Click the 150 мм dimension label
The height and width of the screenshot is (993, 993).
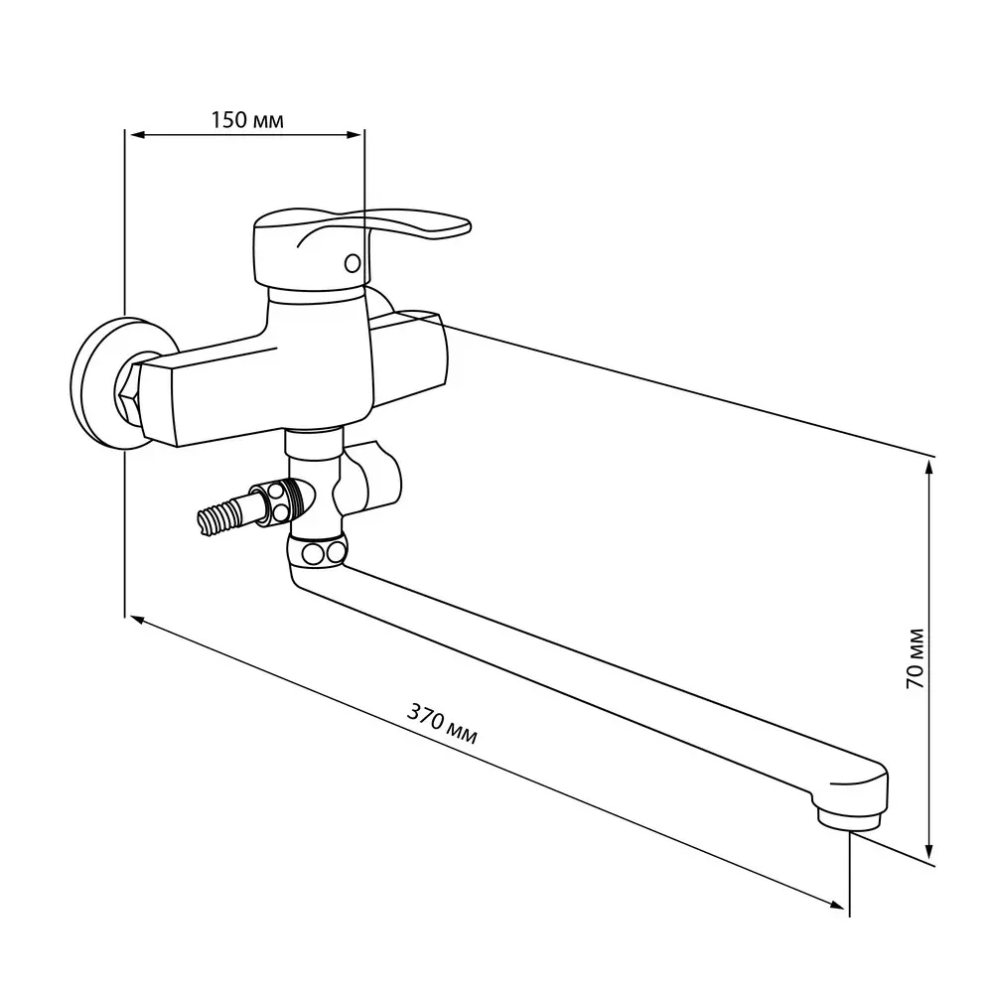[x=247, y=120]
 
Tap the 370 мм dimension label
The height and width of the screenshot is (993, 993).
[x=442, y=724]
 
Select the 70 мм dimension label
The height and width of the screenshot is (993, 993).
[x=915, y=658]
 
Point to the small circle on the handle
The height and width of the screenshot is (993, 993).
[x=353, y=263]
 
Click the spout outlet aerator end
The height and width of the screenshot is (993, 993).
[x=849, y=819]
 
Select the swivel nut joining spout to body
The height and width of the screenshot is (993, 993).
[x=317, y=551]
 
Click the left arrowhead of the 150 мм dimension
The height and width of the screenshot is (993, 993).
[x=136, y=134]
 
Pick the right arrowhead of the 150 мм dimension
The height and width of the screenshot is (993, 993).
[x=355, y=134]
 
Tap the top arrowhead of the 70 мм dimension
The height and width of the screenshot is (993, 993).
[x=929, y=470]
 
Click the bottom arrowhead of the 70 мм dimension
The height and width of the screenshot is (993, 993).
[x=929, y=850]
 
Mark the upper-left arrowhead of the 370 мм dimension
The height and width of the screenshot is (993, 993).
[x=139, y=621]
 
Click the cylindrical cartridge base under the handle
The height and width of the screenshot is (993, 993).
[x=317, y=298]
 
